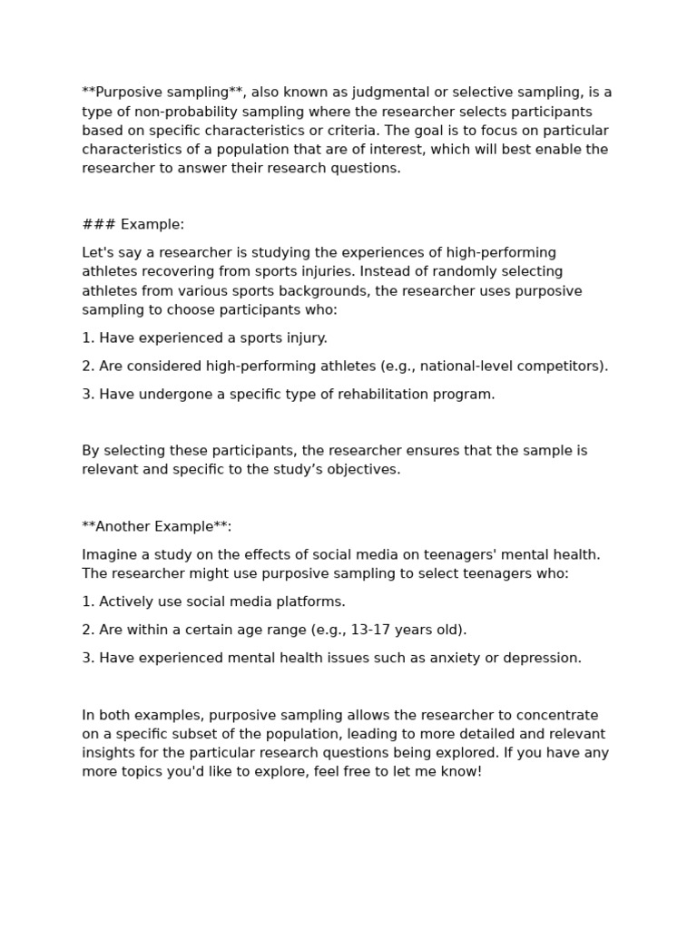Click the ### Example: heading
point(133,224)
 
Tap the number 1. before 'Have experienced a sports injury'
point(88,337)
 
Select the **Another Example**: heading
point(156,526)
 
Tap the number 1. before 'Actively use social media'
point(88,601)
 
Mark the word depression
point(541,658)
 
